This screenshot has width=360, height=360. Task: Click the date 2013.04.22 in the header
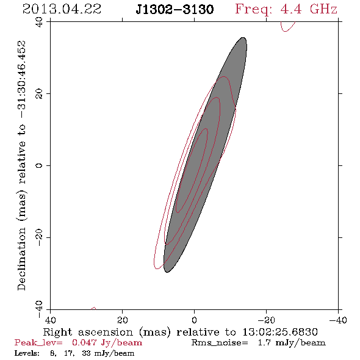pyautogui.click(x=62, y=9)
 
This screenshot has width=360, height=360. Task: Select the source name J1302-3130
pyautogui.click(x=175, y=9)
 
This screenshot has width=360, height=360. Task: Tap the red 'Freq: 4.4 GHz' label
pyautogui.click(x=286, y=10)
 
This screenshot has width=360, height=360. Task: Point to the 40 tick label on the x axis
pyautogui.click(x=50, y=320)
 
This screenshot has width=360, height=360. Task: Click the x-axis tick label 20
pyautogui.click(x=123, y=320)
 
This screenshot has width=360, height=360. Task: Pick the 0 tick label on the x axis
pyautogui.click(x=195, y=320)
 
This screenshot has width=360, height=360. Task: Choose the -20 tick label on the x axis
pyautogui.click(x=266, y=320)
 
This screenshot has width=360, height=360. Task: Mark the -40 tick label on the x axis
pyautogui.click(x=338, y=320)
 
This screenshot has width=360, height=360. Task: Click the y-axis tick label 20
pyautogui.click(x=39, y=94)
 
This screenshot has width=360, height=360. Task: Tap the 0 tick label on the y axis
pyautogui.click(x=39, y=165)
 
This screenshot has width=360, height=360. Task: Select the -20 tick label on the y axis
pyautogui.click(x=39, y=237)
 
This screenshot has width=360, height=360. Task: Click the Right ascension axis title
pyautogui.click(x=180, y=332)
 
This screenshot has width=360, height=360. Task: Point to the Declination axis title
pyautogui.click(x=21, y=165)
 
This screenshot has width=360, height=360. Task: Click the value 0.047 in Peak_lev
pyautogui.click(x=84, y=342)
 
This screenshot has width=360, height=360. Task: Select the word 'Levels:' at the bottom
pyautogui.click(x=27, y=353)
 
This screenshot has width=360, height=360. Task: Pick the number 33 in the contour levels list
pyautogui.click(x=87, y=353)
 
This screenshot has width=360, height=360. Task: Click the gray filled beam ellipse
pyautogui.click(x=205, y=155)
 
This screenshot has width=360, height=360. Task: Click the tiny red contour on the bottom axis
pyautogui.click(x=93, y=308)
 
